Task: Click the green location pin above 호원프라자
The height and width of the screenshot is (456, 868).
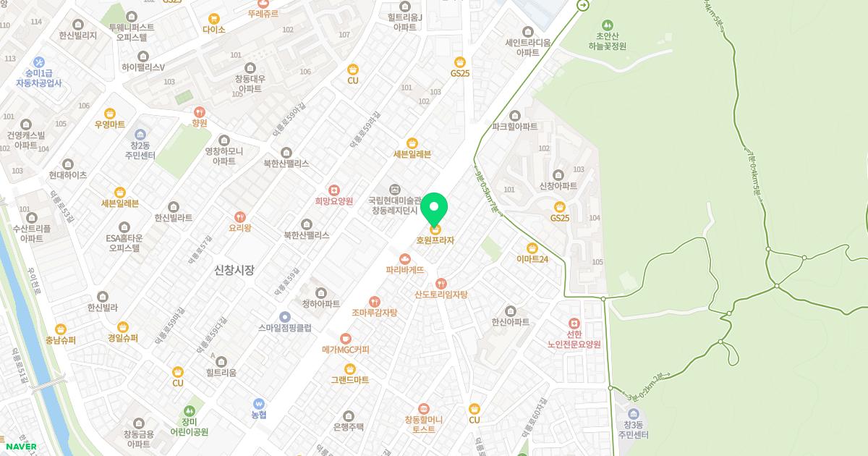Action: (x=434, y=209)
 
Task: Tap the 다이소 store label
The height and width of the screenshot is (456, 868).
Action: (x=214, y=30)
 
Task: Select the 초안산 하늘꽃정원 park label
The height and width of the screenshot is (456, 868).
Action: (x=606, y=41)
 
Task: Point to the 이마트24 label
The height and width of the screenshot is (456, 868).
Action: (x=532, y=258)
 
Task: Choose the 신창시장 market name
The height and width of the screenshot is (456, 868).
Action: (x=234, y=270)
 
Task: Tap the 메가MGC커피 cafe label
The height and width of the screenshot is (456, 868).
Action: (x=346, y=349)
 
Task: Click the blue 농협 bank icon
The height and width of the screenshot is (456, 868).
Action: (x=258, y=403)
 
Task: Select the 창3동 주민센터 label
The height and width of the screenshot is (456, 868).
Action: (x=633, y=430)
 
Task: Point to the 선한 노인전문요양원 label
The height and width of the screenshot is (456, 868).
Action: (x=574, y=339)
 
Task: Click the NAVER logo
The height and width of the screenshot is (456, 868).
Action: (x=20, y=446)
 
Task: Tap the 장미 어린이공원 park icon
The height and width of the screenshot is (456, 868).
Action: (x=190, y=411)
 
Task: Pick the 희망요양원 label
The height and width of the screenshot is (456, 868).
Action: (x=333, y=201)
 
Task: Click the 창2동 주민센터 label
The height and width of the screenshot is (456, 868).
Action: (x=139, y=150)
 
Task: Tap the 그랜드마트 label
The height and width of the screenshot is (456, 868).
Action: (x=350, y=379)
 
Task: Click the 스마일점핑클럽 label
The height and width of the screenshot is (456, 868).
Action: (x=285, y=327)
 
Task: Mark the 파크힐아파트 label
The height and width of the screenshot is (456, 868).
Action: (x=515, y=126)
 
